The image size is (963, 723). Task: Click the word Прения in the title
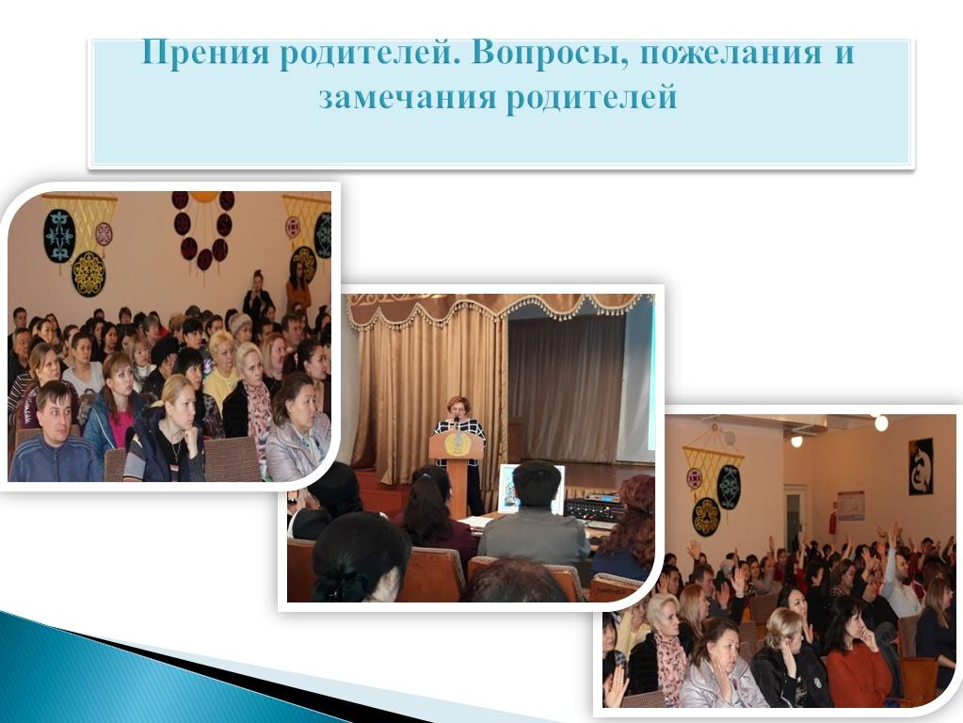pyautogui.click(x=204, y=53)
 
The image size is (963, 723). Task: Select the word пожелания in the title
pyautogui.click(x=730, y=54)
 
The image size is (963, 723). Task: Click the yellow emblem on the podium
pyautogui.click(x=456, y=444)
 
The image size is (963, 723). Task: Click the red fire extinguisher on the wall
pyautogui.click(x=833, y=522)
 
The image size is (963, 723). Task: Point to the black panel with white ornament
pyautogui.click(x=921, y=466)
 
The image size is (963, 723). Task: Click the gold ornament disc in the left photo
pyautogui.click(x=89, y=274)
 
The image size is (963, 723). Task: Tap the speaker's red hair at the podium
pyautogui.click(x=458, y=403)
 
